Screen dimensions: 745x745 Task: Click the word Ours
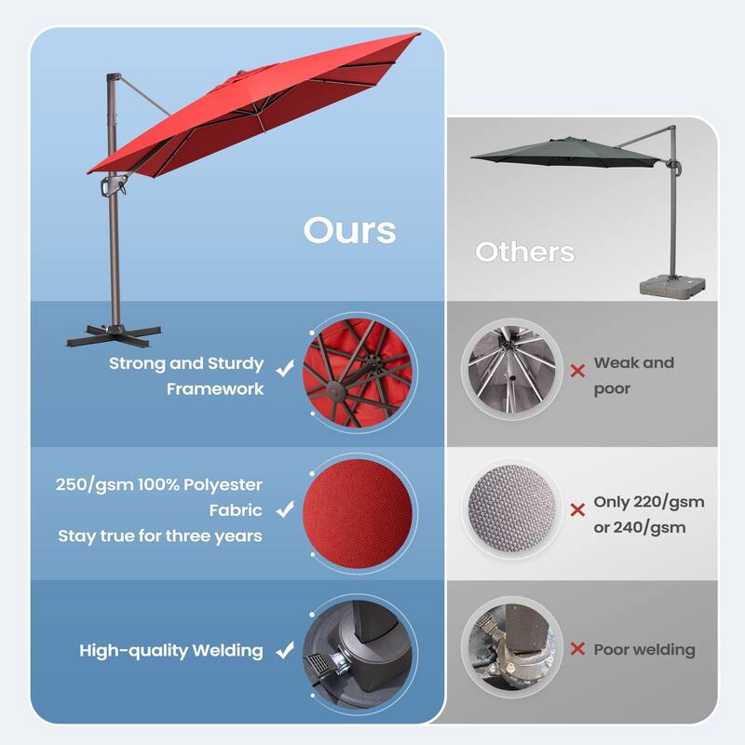click(x=349, y=230)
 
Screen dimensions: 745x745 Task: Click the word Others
click(x=524, y=251)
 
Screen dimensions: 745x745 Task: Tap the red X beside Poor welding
click(x=577, y=650)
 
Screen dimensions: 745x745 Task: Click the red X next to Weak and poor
click(x=577, y=370)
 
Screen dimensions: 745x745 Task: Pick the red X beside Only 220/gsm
click(x=577, y=509)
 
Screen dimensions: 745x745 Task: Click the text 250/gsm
click(x=94, y=484)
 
